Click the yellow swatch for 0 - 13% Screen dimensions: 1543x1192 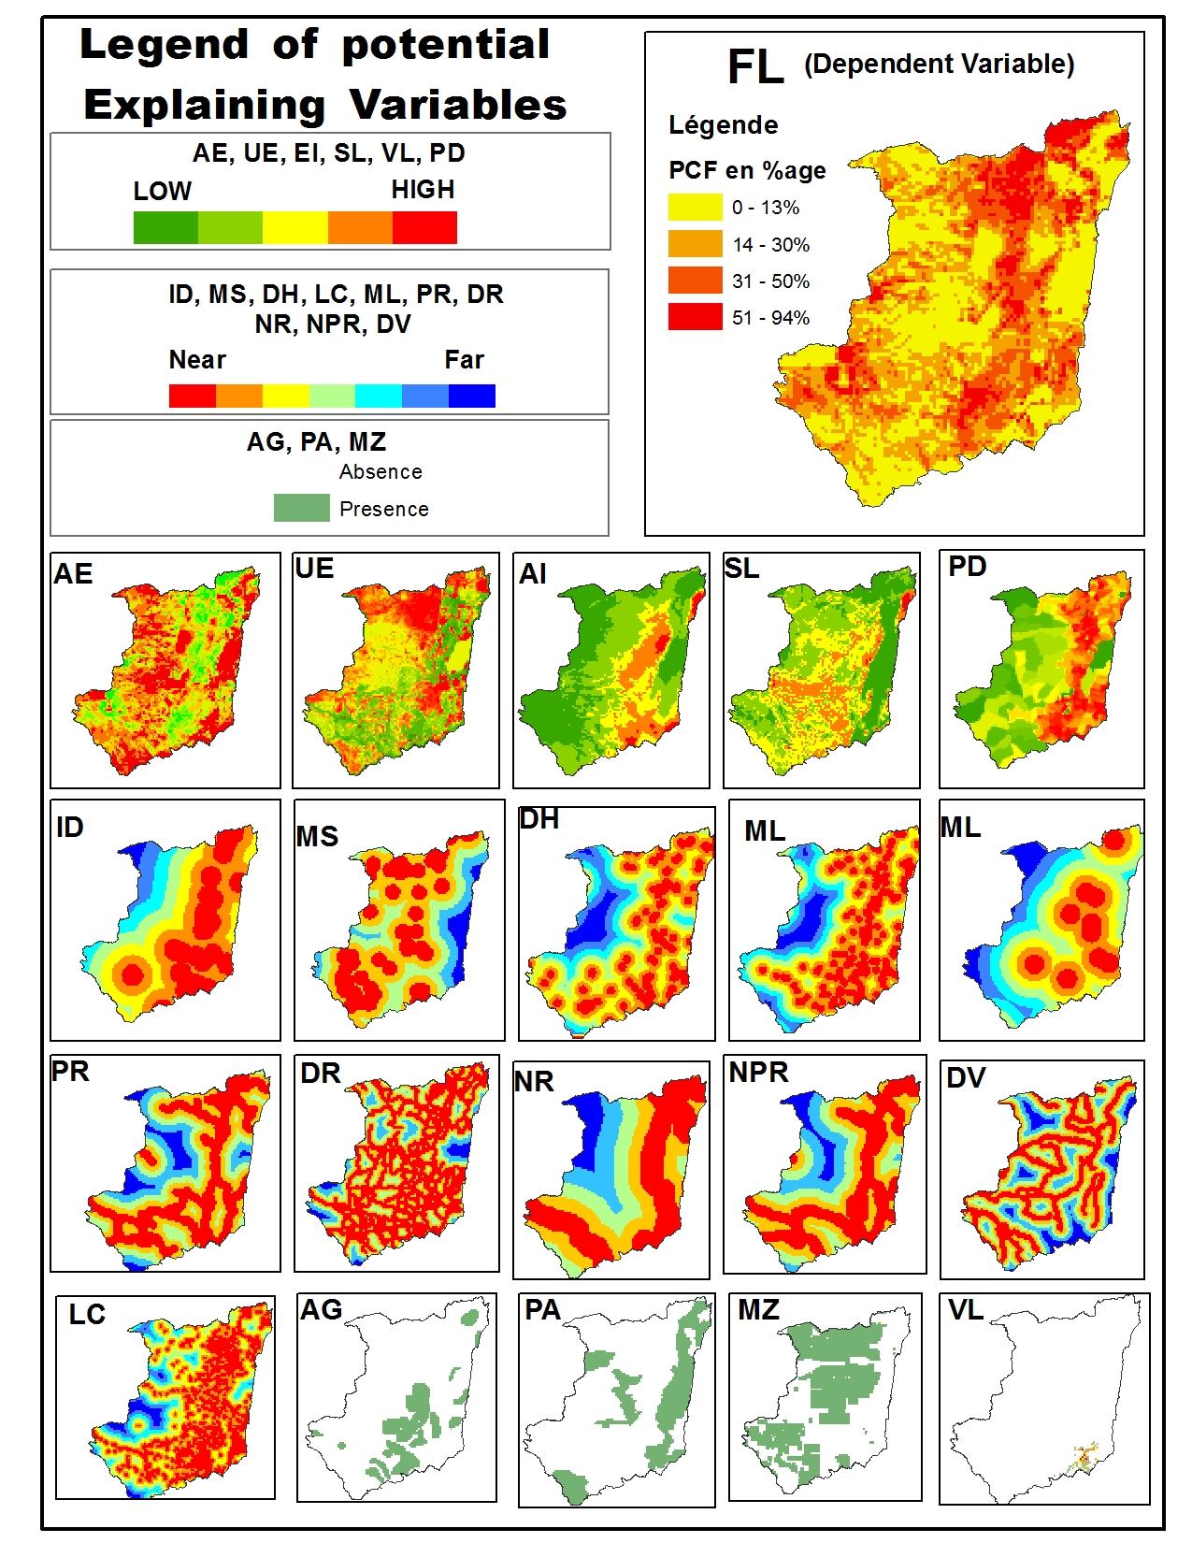click(695, 207)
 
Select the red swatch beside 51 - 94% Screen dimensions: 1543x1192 click(695, 317)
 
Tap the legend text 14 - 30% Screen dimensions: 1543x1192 click(770, 245)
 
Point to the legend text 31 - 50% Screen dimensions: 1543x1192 click(770, 281)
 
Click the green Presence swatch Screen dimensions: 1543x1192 click(301, 508)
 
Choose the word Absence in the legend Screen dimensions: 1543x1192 click(381, 472)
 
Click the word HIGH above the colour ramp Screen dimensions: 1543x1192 click(423, 190)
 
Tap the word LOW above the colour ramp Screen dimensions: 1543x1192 click(162, 191)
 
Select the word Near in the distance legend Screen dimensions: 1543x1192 click(197, 360)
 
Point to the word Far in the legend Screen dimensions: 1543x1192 click(464, 360)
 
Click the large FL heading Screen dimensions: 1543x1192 click(755, 67)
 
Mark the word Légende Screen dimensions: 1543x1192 click(723, 125)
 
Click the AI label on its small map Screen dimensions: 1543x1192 click(533, 574)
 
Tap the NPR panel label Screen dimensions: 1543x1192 click(758, 1073)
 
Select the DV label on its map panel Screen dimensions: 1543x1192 click(966, 1078)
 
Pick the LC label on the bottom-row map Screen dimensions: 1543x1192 click(87, 1315)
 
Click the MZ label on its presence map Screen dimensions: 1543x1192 click(758, 1310)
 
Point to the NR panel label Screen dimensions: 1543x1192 click(534, 1082)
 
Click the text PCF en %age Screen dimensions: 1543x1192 click(747, 170)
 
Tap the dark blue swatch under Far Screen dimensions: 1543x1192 click(472, 397)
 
